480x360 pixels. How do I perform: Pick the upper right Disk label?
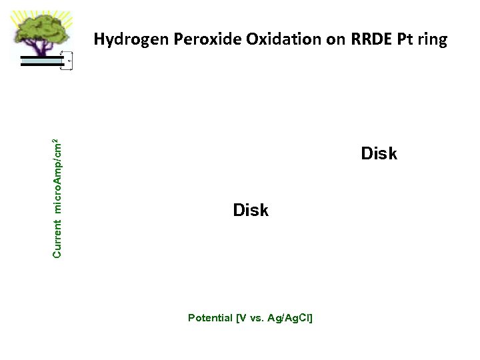(x=379, y=154)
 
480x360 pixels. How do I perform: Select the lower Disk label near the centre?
(x=251, y=211)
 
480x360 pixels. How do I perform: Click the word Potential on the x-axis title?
(x=210, y=318)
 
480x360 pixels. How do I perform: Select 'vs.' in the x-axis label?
(x=255, y=318)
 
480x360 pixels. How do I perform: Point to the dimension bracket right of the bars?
(x=66, y=61)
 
